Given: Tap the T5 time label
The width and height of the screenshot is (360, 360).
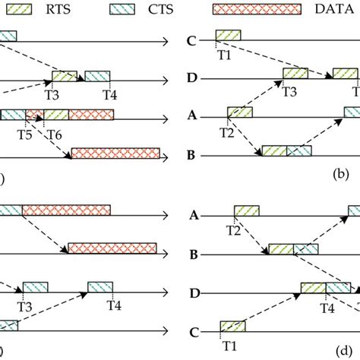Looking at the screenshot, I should tap(25, 134).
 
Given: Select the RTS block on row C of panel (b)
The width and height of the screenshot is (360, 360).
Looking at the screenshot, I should tap(228, 34).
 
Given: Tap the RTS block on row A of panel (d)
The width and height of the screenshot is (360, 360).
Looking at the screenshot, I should tap(247, 210).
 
